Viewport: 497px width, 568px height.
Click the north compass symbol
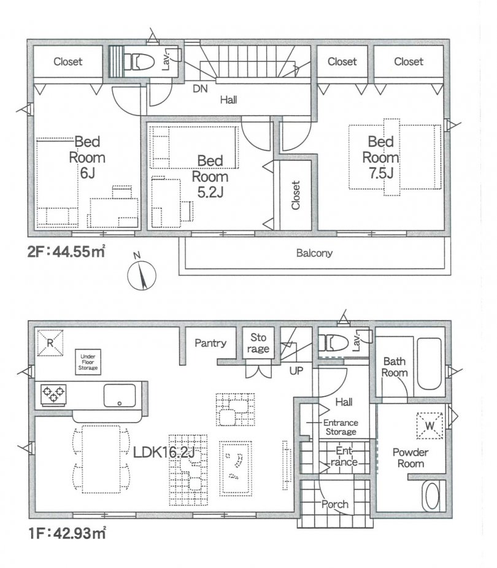point(142,274)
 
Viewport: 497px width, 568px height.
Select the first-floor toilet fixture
point(333,343)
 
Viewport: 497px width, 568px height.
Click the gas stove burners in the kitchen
point(53,394)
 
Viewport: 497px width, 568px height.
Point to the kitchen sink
point(120,396)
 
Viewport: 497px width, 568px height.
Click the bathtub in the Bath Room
point(430,363)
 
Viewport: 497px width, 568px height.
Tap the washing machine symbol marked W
point(430,426)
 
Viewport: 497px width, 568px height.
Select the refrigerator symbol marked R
point(50,343)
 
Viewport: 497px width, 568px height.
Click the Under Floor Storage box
point(88,362)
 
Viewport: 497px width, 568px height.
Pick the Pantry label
point(210,343)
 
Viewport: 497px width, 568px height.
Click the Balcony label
point(314,253)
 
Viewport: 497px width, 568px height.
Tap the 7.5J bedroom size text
point(381,174)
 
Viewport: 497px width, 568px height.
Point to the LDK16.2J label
point(164,452)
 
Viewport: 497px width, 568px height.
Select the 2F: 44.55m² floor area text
point(66,251)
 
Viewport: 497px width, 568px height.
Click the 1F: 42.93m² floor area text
point(67,534)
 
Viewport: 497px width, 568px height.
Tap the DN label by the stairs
point(200,88)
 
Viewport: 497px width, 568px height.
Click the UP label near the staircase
point(296,370)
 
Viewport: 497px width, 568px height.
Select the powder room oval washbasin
point(432,496)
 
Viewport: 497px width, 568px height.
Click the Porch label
point(335,504)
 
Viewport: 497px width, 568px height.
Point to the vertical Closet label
point(296,195)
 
